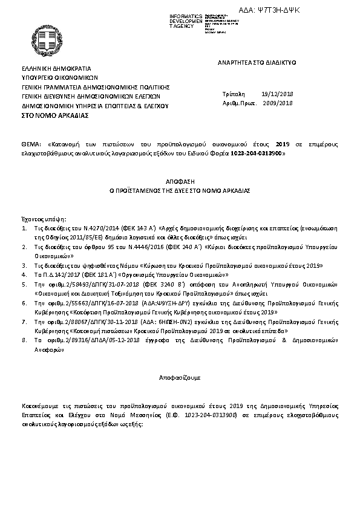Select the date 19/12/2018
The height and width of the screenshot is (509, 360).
[277, 94]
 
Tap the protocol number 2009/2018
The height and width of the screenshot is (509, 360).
[278, 103]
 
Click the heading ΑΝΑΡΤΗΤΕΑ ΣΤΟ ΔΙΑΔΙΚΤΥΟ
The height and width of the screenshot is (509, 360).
[261, 63]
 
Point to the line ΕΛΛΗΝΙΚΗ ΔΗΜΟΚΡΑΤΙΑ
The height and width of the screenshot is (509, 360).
[55, 70]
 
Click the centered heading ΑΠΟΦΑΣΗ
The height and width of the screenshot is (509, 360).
[179, 181]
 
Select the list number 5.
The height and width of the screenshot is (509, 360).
[24, 283]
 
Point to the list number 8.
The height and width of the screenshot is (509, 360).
[24, 341]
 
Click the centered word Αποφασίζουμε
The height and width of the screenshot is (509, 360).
[179, 377]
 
